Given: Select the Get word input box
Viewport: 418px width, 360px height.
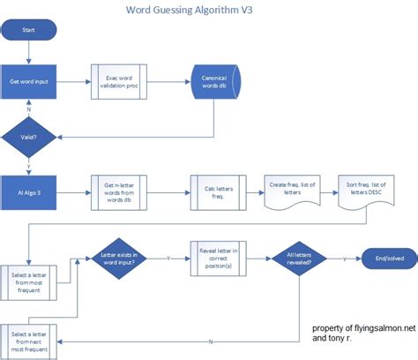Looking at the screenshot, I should [28, 82].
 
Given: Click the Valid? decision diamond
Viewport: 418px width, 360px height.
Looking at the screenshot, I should [28, 137].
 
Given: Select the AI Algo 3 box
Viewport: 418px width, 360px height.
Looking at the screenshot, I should [28, 191].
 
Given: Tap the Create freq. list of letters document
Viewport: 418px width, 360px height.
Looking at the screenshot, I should [291, 189].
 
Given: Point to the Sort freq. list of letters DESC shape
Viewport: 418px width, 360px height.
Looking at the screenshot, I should [365, 189].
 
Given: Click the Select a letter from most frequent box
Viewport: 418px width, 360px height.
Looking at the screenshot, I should [30, 260].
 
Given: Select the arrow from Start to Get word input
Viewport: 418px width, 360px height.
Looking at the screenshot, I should [28, 55].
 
